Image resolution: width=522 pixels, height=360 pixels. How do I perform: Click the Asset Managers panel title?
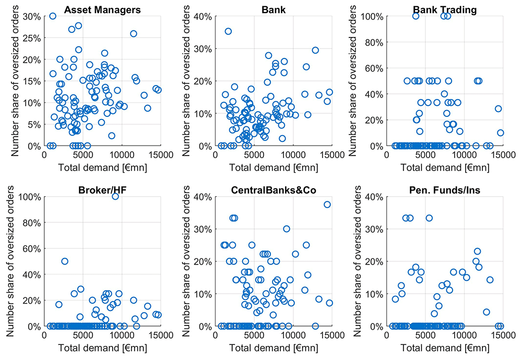(102, 10)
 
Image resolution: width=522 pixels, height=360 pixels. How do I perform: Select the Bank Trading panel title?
(445, 10)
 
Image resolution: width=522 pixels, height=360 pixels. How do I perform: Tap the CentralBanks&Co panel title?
(274, 190)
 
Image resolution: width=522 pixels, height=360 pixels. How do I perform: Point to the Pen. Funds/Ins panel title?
(445, 190)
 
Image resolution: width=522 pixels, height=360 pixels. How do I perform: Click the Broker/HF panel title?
(102, 190)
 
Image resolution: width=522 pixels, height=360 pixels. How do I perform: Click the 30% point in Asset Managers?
(53, 16)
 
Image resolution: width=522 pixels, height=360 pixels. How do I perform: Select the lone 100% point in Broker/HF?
(115, 197)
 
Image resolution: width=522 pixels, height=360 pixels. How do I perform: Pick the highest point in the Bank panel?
(228, 31)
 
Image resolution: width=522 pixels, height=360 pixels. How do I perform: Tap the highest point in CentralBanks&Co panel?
(327, 205)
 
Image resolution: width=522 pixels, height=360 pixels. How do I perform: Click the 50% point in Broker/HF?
(65, 261)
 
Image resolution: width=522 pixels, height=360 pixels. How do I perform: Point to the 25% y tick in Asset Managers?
(32, 38)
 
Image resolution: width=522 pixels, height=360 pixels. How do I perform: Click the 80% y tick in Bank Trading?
(374, 43)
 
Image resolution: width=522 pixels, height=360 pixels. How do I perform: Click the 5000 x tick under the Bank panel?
(254, 155)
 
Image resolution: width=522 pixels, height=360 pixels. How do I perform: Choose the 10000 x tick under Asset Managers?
(122, 155)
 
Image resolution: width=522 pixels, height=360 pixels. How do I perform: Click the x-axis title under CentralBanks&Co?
(274, 348)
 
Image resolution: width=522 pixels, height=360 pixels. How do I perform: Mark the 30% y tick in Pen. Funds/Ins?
(374, 229)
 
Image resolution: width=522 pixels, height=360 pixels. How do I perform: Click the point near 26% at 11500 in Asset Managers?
(134, 33)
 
